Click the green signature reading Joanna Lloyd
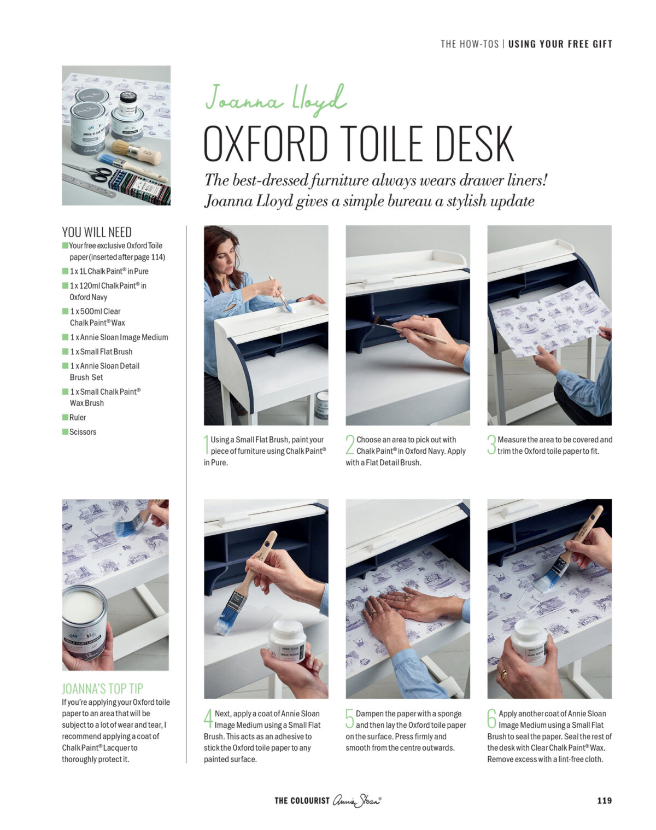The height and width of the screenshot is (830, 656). [276, 100]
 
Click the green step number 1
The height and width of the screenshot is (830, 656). [206, 445]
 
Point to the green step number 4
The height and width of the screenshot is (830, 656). [208, 718]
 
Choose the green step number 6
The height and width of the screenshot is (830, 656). [491, 718]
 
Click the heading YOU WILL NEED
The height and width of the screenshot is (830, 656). [97, 232]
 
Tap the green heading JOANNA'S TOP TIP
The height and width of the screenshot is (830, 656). [103, 688]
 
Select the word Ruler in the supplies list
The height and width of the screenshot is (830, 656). [78, 417]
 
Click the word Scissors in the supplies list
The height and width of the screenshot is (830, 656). [83, 432]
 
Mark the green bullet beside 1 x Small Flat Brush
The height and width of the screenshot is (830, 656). [65, 352]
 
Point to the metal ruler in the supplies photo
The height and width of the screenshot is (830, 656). [89, 186]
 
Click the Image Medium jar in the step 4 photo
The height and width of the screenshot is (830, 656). [288, 641]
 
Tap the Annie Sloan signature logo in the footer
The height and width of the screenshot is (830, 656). [357, 800]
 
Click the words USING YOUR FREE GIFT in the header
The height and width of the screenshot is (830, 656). [560, 44]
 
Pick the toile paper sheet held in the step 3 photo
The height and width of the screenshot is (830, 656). [549, 318]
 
